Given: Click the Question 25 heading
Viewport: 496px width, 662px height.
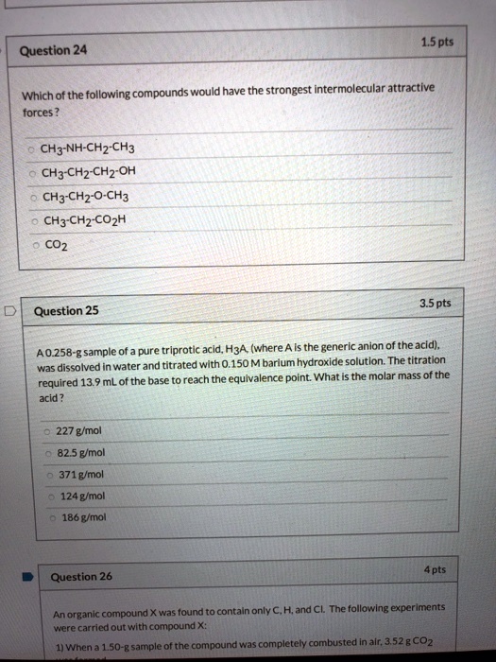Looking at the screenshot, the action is [65, 310].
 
